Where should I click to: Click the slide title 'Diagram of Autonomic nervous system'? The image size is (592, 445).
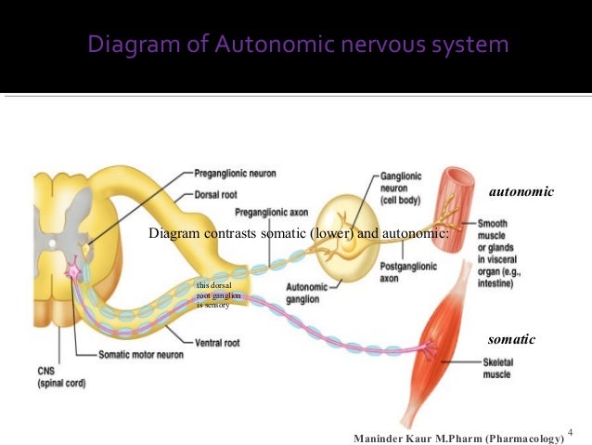(x=298, y=44)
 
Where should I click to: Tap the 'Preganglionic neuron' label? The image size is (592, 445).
(x=235, y=173)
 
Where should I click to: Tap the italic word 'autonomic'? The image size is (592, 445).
(x=521, y=191)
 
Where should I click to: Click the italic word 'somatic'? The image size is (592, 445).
(x=511, y=340)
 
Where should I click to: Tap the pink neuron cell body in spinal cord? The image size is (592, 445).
(x=72, y=271)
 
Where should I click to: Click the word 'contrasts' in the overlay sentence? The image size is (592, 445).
(x=229, y=233)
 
